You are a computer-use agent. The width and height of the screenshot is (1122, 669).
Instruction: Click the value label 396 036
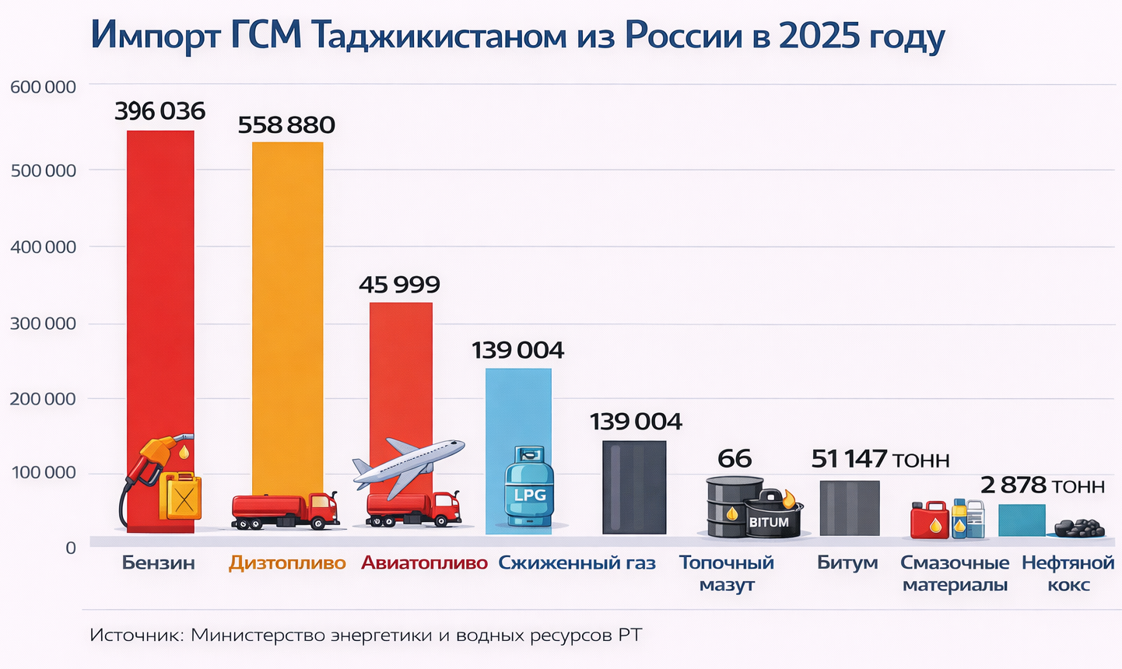pos(160,111)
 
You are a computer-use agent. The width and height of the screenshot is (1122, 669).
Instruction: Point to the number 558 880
pos(286,125)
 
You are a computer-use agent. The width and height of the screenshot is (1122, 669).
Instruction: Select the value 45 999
pos(399,285)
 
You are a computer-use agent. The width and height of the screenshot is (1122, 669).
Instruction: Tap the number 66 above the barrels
pos(735,459)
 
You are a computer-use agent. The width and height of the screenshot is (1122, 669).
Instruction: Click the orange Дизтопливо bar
pos(287,311)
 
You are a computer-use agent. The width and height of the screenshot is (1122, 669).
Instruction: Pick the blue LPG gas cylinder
pos(529,488)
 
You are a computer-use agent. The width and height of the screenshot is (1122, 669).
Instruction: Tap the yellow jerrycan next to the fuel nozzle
pos(181,496)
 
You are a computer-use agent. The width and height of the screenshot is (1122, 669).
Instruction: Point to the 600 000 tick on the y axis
pos(43,87)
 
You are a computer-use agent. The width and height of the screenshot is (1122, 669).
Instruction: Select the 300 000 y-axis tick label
pos(43,324)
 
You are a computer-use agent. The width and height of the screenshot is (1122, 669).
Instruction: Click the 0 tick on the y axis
pos(71,548)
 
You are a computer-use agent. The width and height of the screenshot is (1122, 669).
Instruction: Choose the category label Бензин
pos(158,563)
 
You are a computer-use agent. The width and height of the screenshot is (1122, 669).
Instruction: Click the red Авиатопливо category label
pos(424,563)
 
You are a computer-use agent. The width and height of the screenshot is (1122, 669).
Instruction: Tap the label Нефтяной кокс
pos(1068,573)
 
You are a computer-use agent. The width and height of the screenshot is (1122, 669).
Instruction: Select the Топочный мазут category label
pos(727,573)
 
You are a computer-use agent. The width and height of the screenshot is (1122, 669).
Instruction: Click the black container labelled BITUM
pos(770,517)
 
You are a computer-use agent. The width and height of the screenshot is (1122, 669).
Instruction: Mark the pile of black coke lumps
pos(1078,529)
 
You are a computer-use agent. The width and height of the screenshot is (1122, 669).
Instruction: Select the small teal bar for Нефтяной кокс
pos(1021,520)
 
